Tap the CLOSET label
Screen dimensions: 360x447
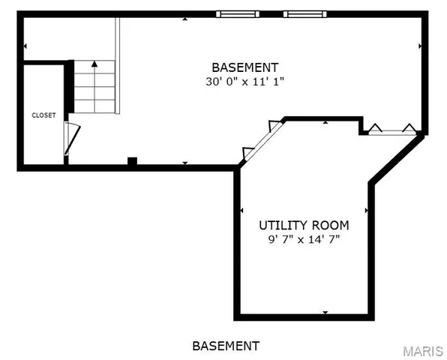[x=43, y=115]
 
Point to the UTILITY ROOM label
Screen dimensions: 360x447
[x=304, y=225]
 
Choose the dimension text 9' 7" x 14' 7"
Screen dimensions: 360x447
[x=304, y=240]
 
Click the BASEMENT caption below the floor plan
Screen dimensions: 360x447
[x=226, y=346]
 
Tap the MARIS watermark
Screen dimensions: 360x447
[x=422, y=351]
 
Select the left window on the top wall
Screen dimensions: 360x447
[x=238, y=13]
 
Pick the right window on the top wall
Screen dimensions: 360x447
[x=305, y=13]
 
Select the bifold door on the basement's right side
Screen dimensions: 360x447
[x=391, y=130]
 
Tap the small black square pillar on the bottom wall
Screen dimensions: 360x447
[x=132, y=160]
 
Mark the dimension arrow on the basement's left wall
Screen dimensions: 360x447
[x=25, y=46]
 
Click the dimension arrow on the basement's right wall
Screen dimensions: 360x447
[x=420, y=46]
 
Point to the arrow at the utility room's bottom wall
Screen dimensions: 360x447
[x=325, y=311]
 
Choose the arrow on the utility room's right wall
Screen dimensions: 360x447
[x=366, y=211]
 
